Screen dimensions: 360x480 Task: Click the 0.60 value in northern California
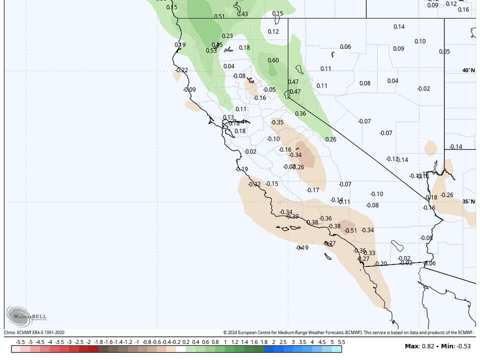coord(273,60)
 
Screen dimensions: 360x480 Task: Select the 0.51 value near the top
coord(219,16)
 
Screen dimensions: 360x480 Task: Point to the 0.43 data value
coord(242,14)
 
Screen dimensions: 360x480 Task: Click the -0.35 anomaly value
coord(277,122)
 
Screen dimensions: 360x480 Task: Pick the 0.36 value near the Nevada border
coord(300,113)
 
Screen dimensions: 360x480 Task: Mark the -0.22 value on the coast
coord(181,70)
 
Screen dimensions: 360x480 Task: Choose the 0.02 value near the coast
coord(251,152)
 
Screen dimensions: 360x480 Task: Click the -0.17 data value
coord(312,190)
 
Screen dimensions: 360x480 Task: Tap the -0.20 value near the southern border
coord(380,264)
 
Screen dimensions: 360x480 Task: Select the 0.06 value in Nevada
coord(345,47)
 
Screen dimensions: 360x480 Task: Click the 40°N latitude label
coord(468,70)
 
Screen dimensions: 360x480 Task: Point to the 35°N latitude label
coord(468,201)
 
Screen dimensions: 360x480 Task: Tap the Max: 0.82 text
coord(417,346)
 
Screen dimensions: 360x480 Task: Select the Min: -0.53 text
coord(454,346)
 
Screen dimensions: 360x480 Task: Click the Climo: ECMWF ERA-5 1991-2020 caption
coord(34,332)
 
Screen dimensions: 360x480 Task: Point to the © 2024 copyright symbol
coord(225,332)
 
